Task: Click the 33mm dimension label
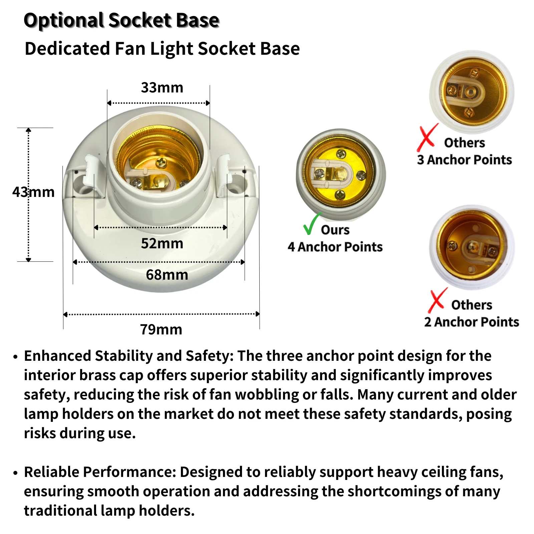point(162,88)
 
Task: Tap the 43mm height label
point(33,192)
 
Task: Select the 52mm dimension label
point(162,243)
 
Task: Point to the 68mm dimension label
point(167,275)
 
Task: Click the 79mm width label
point(161,329)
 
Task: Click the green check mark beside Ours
point(312,224)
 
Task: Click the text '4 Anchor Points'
point(335,247)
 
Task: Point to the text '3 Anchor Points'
point(464,160)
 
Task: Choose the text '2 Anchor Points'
point(472,322)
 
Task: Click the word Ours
point(335,230)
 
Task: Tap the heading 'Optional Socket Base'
point(121,20)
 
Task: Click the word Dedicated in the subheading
point(67,49)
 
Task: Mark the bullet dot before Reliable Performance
point(15,473)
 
